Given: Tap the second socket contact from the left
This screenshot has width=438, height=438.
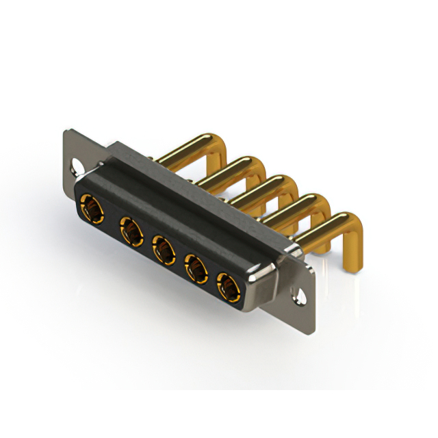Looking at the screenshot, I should pos(129,230).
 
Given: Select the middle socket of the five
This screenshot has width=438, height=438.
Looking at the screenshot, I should pos(163,250).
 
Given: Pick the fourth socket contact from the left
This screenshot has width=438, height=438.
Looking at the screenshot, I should pos(197,268).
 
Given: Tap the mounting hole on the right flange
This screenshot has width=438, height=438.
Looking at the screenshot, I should pos(300,297).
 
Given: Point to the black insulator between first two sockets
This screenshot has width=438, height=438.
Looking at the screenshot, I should pos(109,218).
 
